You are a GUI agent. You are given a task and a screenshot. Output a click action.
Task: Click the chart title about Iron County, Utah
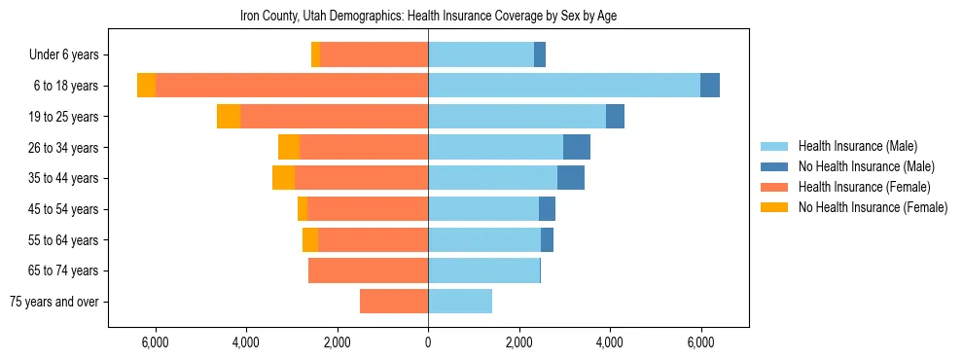pos(428,17)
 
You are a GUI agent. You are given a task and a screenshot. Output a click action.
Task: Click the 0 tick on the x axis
pos(428,342)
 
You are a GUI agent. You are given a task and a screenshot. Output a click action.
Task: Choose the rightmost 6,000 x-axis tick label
pos(701,342)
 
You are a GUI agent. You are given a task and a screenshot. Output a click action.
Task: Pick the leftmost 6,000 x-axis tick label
pos(156,342)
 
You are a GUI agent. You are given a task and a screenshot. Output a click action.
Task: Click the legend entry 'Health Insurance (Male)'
pos(857,146)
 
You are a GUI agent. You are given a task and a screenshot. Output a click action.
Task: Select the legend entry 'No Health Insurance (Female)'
pos(873,207)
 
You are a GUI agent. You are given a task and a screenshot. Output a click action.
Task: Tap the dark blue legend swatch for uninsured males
pos(774,166)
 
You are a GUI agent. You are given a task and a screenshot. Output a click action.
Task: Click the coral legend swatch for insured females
pos(774,187)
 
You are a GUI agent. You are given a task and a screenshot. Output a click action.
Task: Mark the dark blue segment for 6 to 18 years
pos(710,86)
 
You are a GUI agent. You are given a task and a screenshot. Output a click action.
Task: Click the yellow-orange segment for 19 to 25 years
pos(229,117)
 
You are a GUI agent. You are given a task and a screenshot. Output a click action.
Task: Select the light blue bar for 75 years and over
pos(460,302)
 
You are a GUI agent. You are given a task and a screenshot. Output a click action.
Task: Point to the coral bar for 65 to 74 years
pos(368,270)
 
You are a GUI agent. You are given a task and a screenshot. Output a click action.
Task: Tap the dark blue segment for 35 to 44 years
pos(571,178)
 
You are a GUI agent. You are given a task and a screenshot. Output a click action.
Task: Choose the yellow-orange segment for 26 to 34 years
pos(289,147)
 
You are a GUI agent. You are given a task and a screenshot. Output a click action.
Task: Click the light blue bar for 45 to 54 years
pos(483,209)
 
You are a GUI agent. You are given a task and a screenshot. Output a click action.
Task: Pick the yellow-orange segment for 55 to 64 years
pos(310,240)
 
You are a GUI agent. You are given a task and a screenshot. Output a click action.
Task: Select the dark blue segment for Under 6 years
pos(540,54)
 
